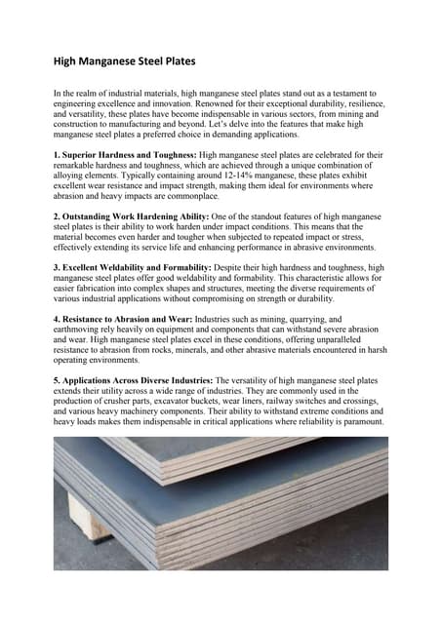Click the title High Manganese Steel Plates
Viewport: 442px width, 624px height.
click(124, 61)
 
